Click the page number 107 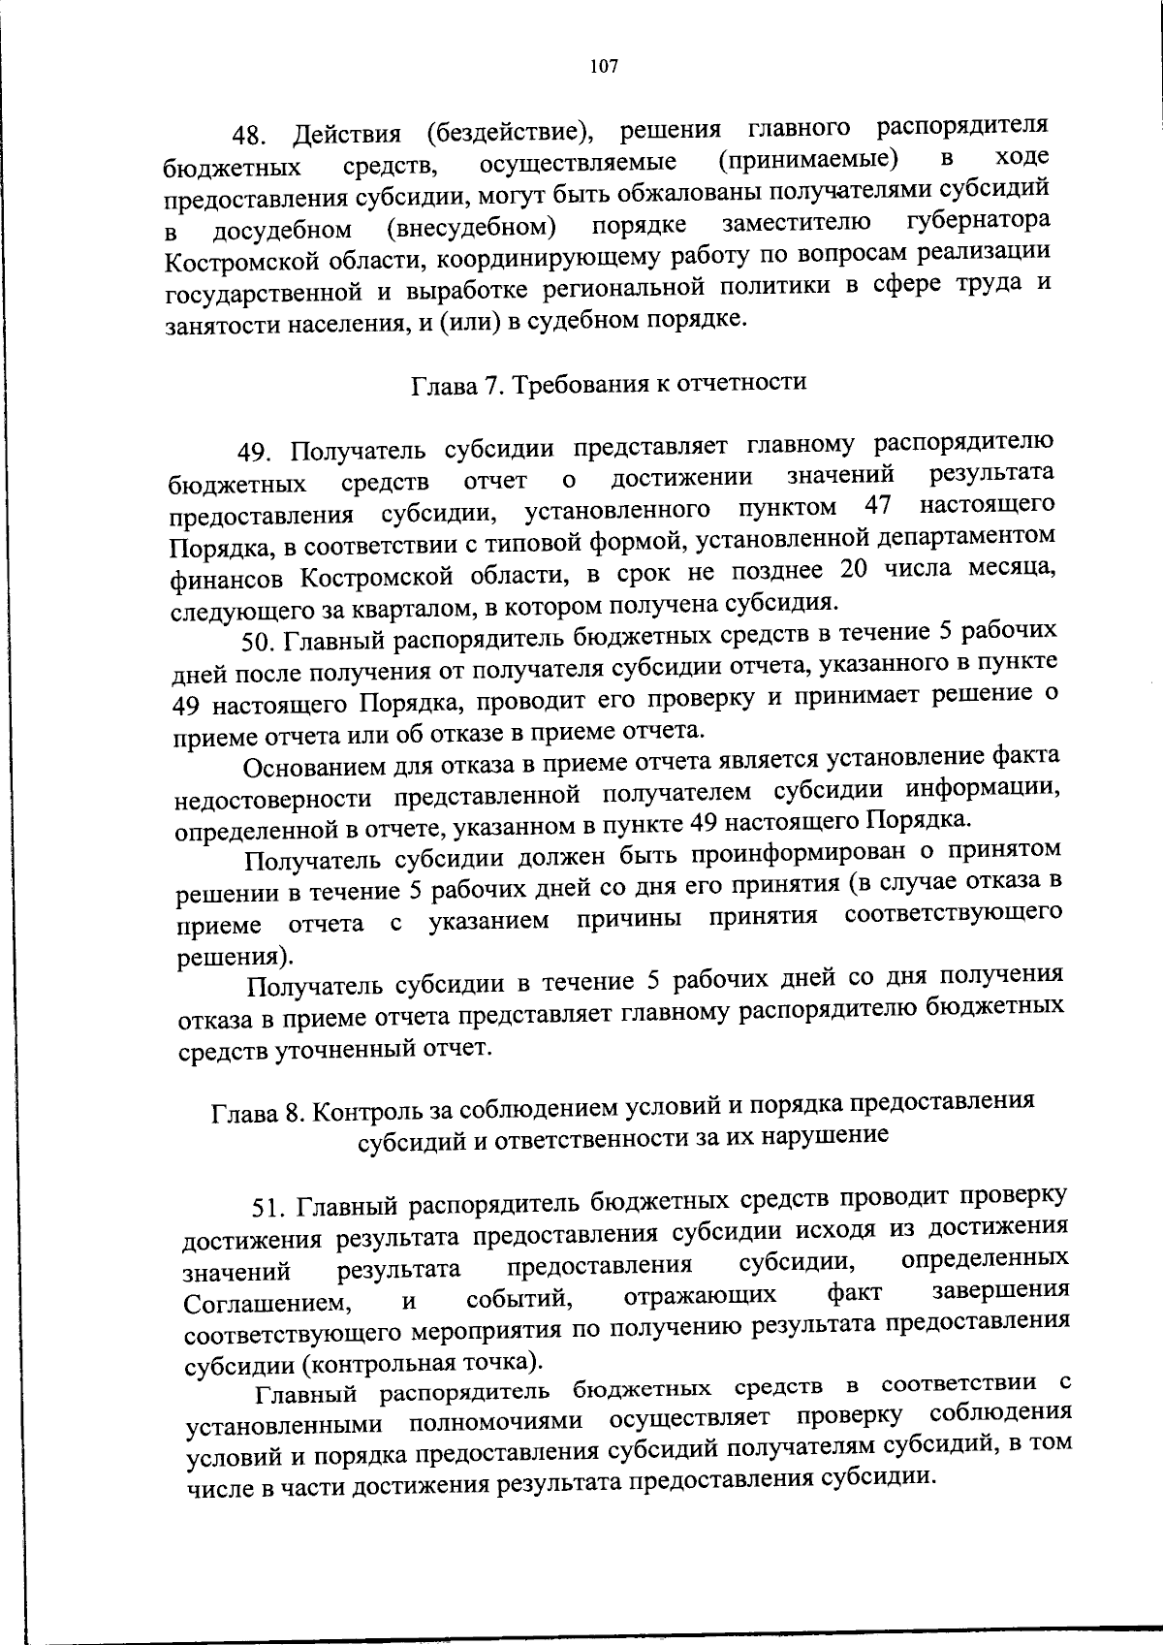coord(602,67)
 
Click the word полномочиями coord(495,1421)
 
